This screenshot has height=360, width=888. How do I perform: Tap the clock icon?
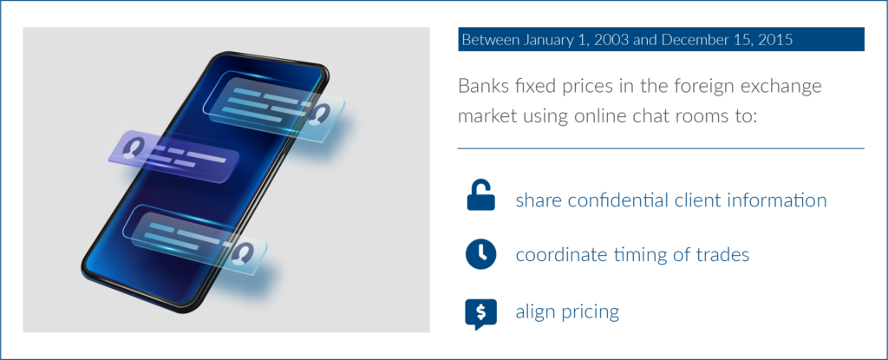480,254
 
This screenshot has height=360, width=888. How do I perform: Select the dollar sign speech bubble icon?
480,314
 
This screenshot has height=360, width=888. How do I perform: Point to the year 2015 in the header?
774,40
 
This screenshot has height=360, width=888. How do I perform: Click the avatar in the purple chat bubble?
133,147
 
